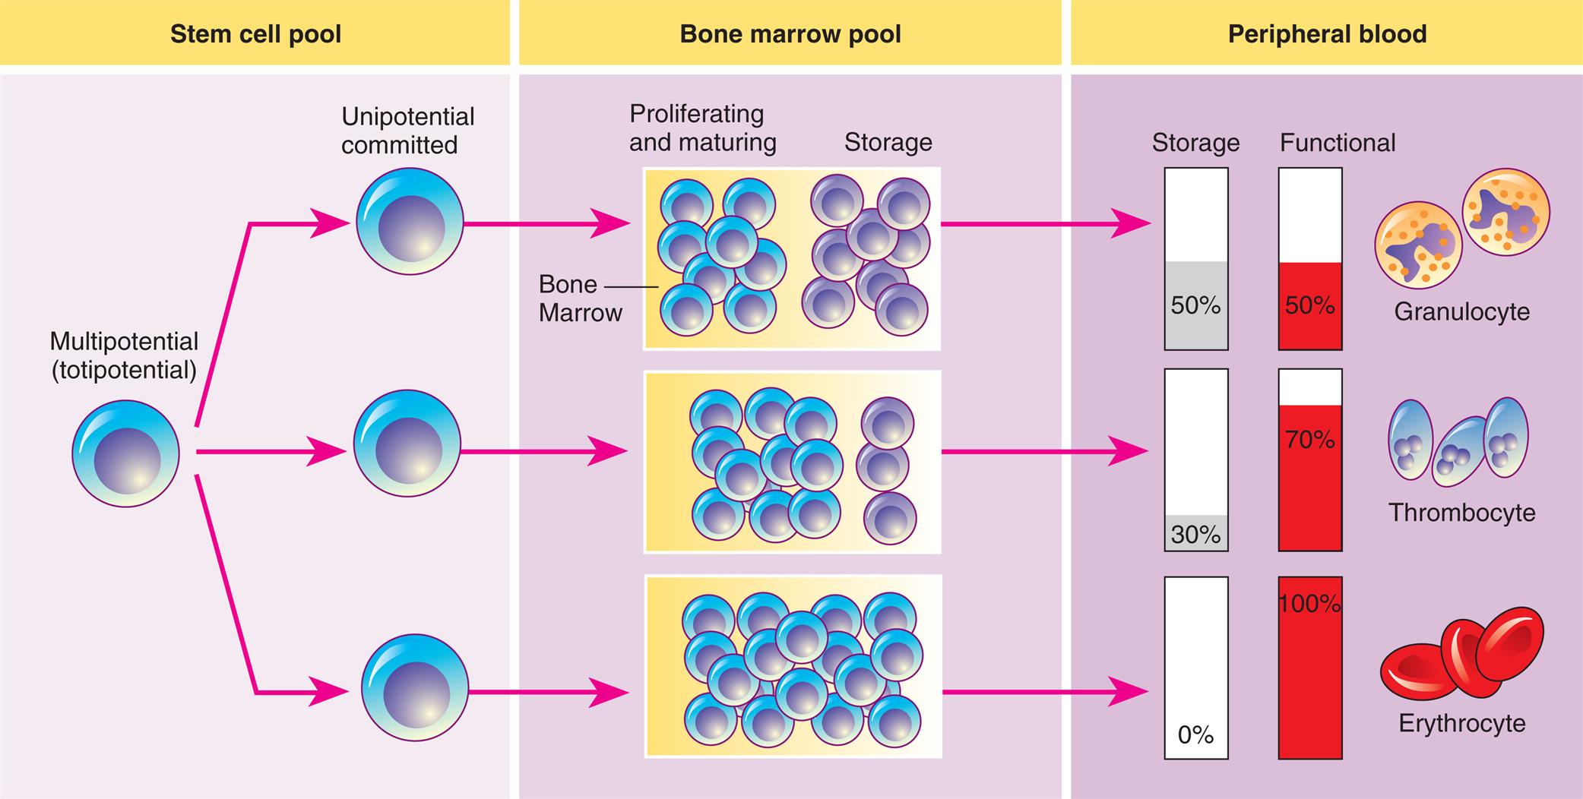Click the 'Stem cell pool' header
[255, 34]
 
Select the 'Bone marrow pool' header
[790, 34]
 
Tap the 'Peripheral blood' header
[1327, 34]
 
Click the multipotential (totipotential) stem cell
[125, 453]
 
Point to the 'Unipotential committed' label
[407, 131]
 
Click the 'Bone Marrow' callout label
[579, 298]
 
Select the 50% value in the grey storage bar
[1195, 305]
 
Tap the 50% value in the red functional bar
[1309, 305]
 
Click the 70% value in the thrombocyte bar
[1309, 439]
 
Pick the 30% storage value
[1195, 535]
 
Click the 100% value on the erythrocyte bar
[1309, 604]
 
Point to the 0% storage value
[1195, 734]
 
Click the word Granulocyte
[1461, 311]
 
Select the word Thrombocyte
[1461, 513]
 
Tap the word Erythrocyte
[1461, 723]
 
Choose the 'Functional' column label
[1337, 143]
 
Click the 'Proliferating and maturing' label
[702, 128]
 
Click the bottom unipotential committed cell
[414, 688]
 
